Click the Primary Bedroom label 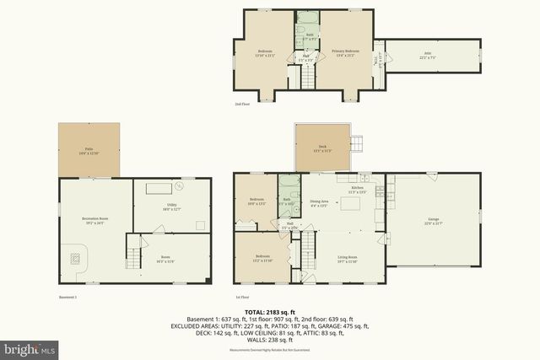tap(345, 52)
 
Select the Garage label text tap(432, 221)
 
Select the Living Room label tap(348, 258)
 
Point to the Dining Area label tap(318, 203)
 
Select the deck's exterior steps tap(359, 144)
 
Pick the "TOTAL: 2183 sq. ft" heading tap(270, 311)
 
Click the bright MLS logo tap(29, 347)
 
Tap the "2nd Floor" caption tap(242, 104)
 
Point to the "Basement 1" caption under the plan tap(67, 297)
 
